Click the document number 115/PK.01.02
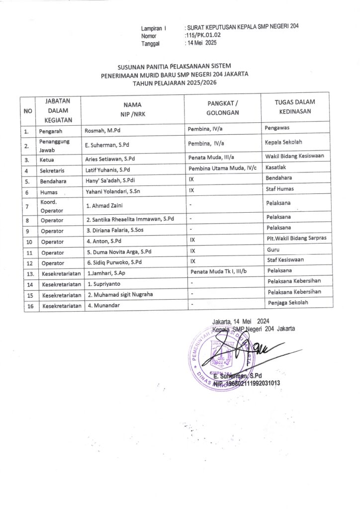tap(202, 36)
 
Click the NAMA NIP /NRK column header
tap(133, 109)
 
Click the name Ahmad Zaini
tap(104, 206)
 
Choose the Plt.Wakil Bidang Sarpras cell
tap(295, 239)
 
